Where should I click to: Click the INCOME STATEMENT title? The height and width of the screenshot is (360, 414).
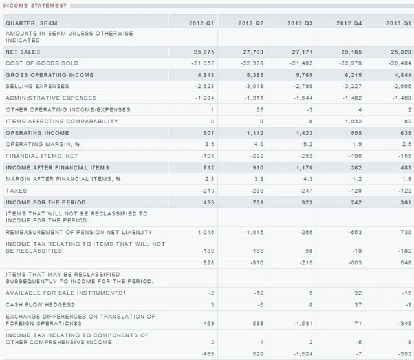(x=35, y=6)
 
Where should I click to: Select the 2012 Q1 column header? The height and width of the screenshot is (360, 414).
(x=202, y=23)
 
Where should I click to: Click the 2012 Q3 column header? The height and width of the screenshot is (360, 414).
(x=300, y=23)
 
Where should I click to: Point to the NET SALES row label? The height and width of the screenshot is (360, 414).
(x=23, y=52)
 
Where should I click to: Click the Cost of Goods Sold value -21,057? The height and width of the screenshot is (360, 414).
(x=203, y=63)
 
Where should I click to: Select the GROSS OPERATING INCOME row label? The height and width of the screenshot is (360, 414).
(x=50, y=75)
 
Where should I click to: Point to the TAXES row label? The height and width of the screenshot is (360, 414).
(x=16, y=191)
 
